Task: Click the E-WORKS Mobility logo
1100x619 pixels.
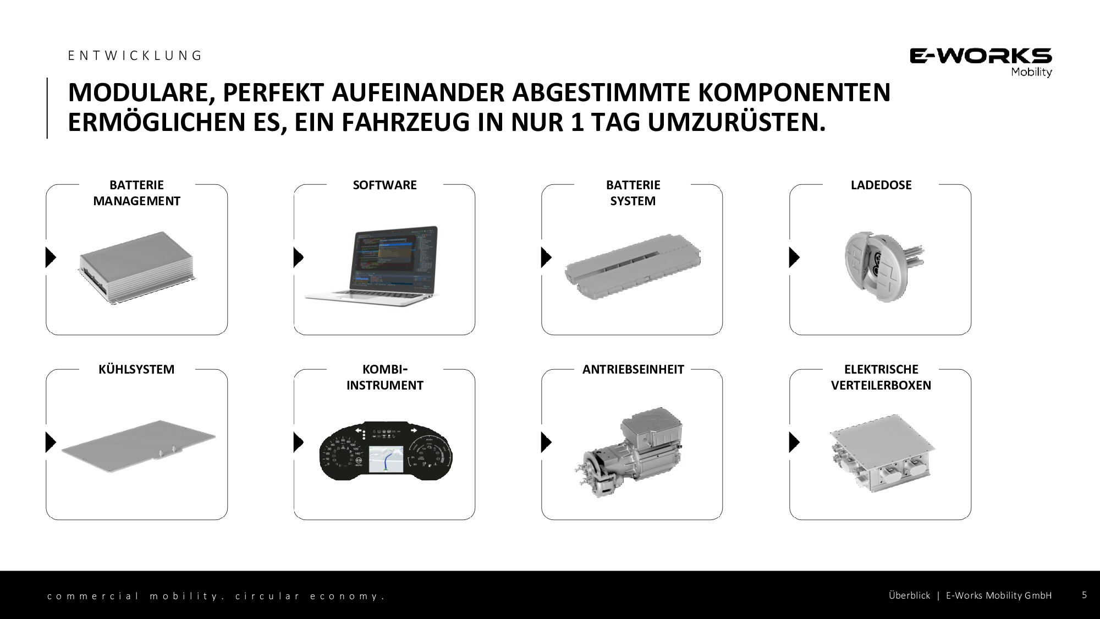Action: [981, 62]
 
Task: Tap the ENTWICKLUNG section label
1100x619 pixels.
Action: [135, 56]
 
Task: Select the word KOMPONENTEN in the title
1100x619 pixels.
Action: [794, 92]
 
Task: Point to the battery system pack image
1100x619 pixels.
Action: [633, 269]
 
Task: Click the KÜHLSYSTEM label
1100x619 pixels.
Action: [136, 369]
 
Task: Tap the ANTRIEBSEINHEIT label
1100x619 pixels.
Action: [633, 369]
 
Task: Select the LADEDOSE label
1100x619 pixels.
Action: [881, 185]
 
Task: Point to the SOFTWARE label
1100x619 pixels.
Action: [384, 185]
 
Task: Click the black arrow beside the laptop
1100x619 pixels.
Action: [298, 257]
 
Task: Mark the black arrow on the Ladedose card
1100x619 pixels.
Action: [794, 257]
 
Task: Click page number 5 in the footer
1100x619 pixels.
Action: [1084, 595]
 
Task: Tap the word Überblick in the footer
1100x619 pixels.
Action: [909, 595]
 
